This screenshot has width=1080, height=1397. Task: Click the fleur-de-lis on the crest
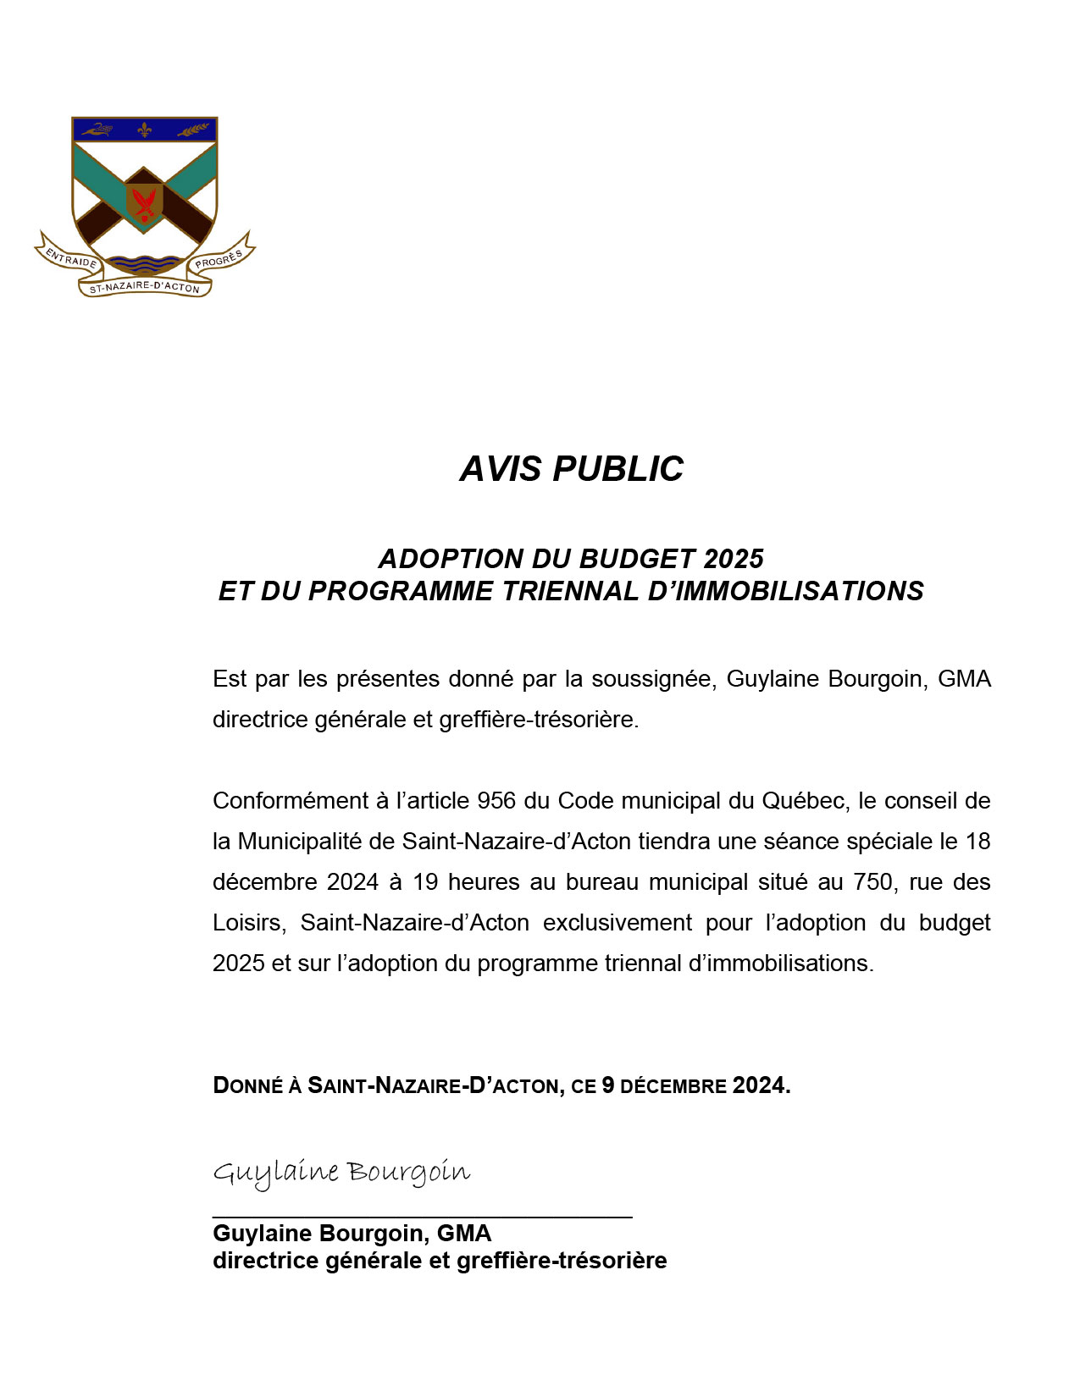(x=145, y=130)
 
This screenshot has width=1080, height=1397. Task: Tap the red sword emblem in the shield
(x=145, y=204)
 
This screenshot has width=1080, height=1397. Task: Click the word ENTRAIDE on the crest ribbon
(x=71, y=257)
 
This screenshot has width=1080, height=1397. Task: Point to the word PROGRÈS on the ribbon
(x=219, y=258)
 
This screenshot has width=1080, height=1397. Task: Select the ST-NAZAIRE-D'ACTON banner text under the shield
(x=145, y=287)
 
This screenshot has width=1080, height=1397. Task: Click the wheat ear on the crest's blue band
(x=193, y=130)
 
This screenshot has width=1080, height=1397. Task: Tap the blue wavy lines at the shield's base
(x=145, y=263)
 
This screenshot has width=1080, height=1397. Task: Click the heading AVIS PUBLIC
(x=571, y=469)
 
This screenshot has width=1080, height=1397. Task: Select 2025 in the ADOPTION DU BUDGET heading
(x=734, y=559)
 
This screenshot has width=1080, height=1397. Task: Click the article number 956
(x=496, y=801)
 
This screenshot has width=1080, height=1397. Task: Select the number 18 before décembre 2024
(x=978, y=842)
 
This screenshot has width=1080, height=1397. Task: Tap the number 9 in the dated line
(x=607, y=1085)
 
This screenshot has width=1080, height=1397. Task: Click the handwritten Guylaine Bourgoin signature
(x=341, y=1173)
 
